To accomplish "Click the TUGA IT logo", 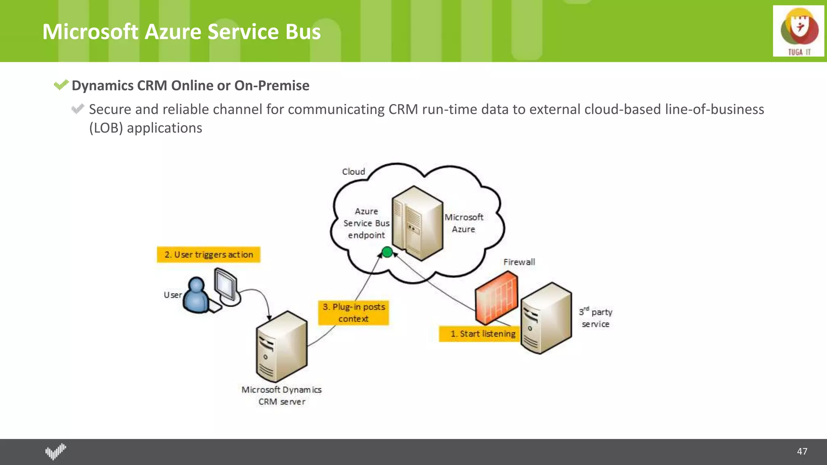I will (x=798, y=31).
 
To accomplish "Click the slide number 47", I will (x=802, y=451).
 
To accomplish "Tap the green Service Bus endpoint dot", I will (x=387, y=252).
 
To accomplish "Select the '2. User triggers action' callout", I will (x=208, y=255).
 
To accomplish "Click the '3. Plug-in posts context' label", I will (x=353, y=312).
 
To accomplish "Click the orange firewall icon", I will (x=496, y=297).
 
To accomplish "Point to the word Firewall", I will (x=519, y=262).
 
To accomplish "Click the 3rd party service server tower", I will (x=546, y=318).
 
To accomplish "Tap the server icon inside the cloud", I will (x=417, y=223).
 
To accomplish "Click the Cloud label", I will (x=353, y=172).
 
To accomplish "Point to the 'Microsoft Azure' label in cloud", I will (x=464, y=223).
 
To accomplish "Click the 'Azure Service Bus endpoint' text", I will (x=366, y=223).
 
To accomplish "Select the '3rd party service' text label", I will (x=596, y=318).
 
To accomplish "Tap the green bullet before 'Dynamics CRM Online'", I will (x=61, y=85).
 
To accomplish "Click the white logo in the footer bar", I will (x=55, y=451).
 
